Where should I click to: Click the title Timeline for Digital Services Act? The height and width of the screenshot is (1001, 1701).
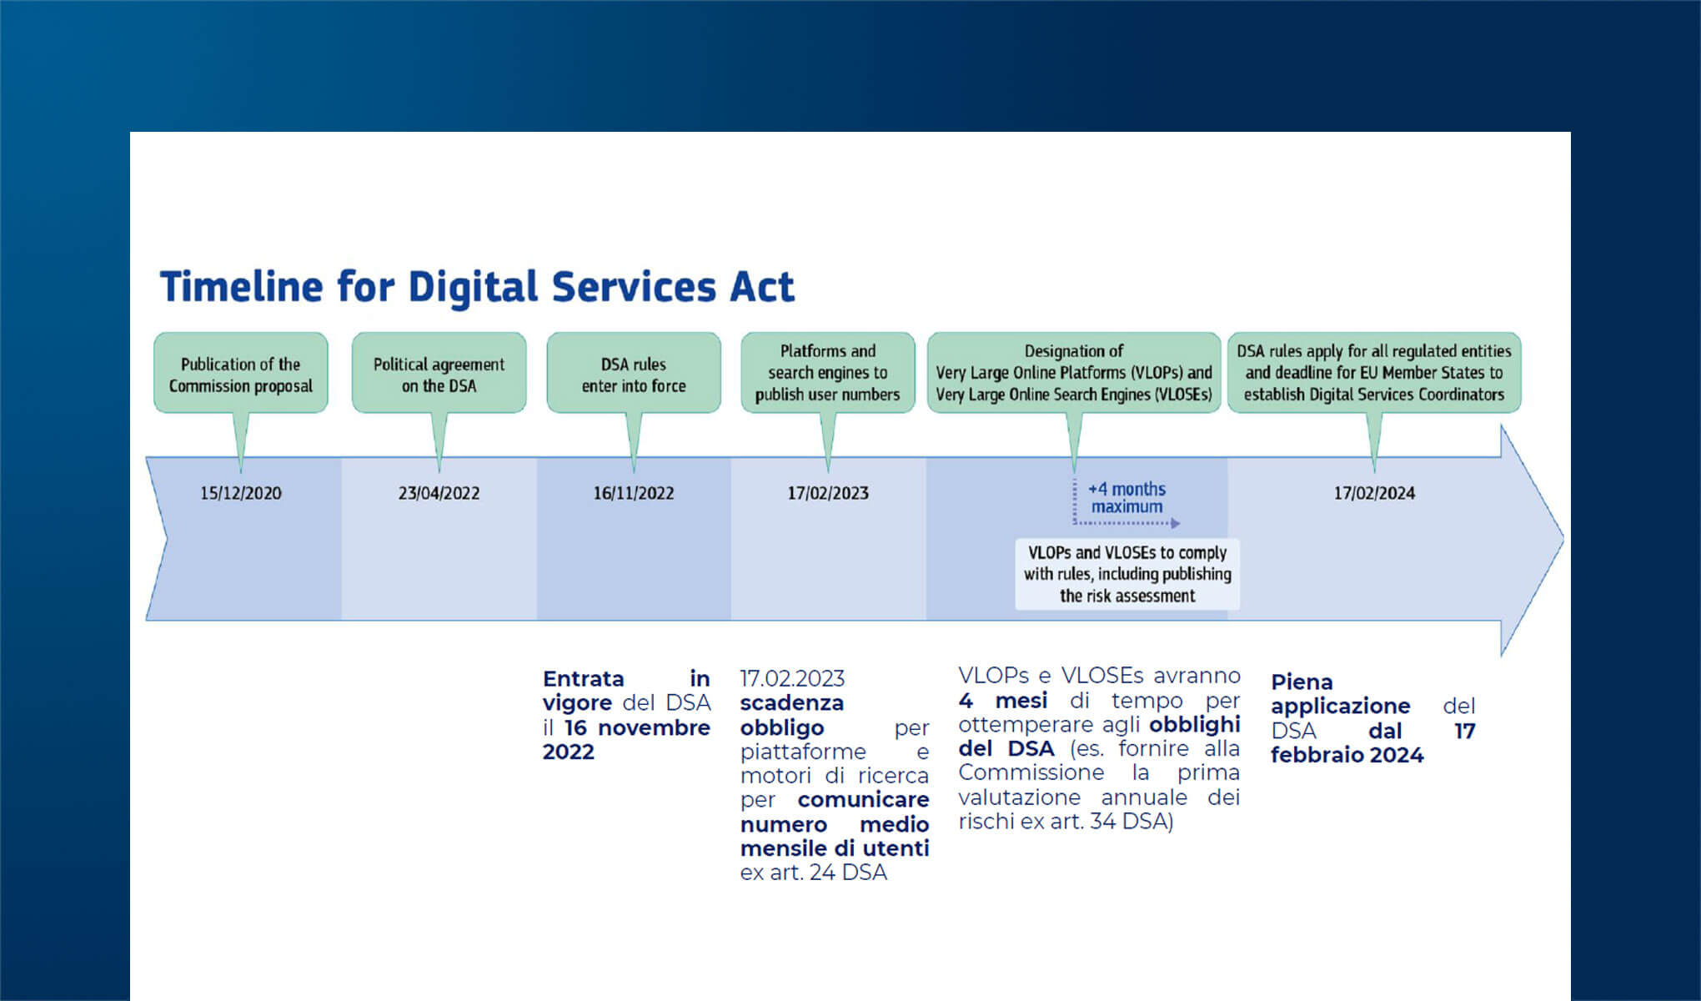(477, 287)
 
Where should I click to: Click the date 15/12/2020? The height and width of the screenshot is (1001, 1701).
(240, 493)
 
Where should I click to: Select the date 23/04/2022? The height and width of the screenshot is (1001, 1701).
(439, 493)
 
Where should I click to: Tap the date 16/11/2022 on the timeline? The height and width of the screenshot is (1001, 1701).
(634, 493)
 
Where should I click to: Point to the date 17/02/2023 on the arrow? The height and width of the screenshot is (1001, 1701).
(828, 493)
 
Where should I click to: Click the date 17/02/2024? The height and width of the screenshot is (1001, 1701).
(1374, 493)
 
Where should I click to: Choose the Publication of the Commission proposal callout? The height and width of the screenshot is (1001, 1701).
(240, 374)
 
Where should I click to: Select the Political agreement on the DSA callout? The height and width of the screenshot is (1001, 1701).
(439, 374)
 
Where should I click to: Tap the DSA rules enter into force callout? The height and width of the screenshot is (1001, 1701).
(634, 374)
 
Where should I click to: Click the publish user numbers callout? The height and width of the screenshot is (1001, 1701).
(828, 373)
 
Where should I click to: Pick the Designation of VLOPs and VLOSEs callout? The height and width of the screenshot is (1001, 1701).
(1074, 373)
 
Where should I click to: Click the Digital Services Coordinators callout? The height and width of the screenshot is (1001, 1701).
(1374, 373)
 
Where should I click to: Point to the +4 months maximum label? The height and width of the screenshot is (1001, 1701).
(1126, 498)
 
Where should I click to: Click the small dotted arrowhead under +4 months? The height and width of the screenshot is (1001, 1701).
(1176, 524)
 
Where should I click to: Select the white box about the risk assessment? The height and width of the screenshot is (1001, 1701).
(1127, 574)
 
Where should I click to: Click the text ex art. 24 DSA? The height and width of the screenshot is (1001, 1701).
(813, 873)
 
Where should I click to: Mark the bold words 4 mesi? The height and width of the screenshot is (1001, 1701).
(1003, 700)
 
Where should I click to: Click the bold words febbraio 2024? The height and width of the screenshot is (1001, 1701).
(1347, 755)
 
